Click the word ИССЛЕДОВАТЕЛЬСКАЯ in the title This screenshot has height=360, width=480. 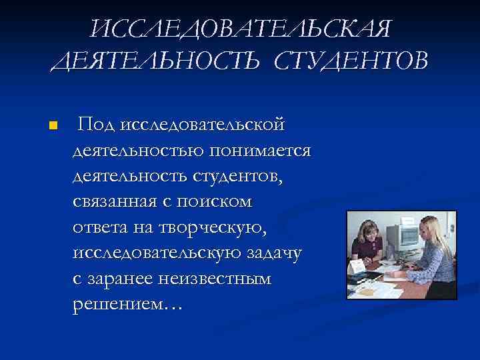(x=241, y=29)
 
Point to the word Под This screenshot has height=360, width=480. (x=97, y=124)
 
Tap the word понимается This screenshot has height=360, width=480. (x=259, y=150)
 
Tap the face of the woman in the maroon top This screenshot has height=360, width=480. (x=369, y=235)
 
